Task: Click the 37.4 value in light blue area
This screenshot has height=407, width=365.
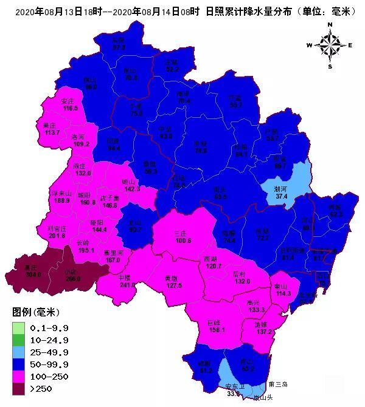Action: click(281, 196)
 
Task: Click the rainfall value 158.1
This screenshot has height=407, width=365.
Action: click(217, 330)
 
